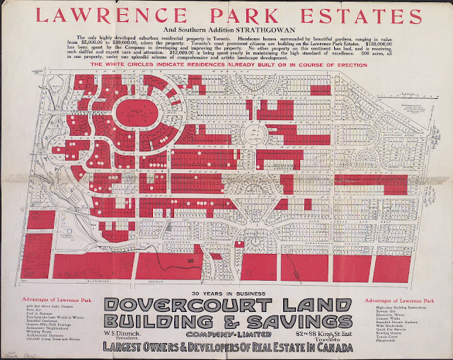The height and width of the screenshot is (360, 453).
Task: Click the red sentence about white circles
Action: click(228, 64)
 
